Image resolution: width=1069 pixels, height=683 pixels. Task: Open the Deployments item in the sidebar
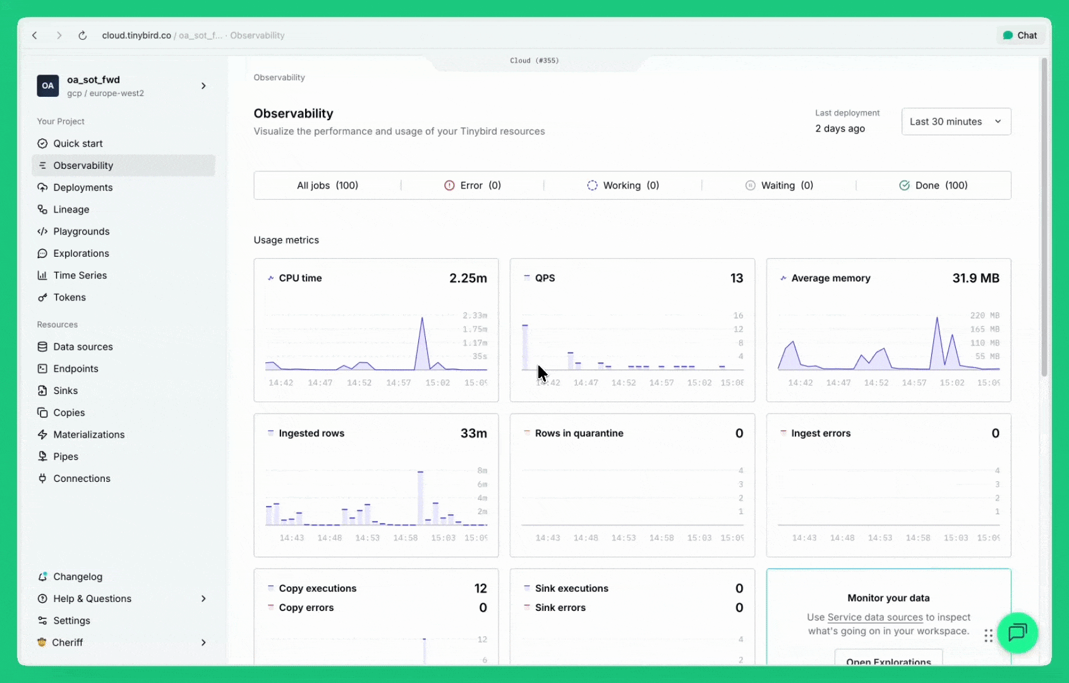pos(83,187)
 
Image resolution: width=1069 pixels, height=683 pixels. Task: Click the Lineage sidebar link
pos(71,209)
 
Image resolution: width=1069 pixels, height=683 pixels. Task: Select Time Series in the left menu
pos(80,275)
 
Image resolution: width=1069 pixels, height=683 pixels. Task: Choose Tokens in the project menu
pos(69,297)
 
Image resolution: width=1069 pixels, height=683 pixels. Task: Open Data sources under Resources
pos(83,347)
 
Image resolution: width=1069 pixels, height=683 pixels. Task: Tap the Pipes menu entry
pos(66,457)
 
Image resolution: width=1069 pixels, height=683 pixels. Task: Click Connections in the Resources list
pos(82,479)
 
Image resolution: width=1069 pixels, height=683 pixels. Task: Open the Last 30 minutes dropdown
pos(955,121)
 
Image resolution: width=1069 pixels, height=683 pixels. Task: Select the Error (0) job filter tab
pos(472,185)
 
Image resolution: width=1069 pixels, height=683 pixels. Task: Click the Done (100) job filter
pos(933,185)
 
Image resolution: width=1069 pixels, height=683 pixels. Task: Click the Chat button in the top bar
pos(1020,35)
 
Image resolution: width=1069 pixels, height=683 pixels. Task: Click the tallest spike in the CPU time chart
pos(422,320)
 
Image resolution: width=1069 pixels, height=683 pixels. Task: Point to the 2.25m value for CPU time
pos(468,278)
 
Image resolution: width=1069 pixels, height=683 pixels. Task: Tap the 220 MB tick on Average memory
pos(984,316)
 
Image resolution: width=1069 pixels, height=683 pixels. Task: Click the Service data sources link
pos(875,617)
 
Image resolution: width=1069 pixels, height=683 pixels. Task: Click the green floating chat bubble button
pos(1017,632)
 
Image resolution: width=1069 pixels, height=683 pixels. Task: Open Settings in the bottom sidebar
pos(71,620)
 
